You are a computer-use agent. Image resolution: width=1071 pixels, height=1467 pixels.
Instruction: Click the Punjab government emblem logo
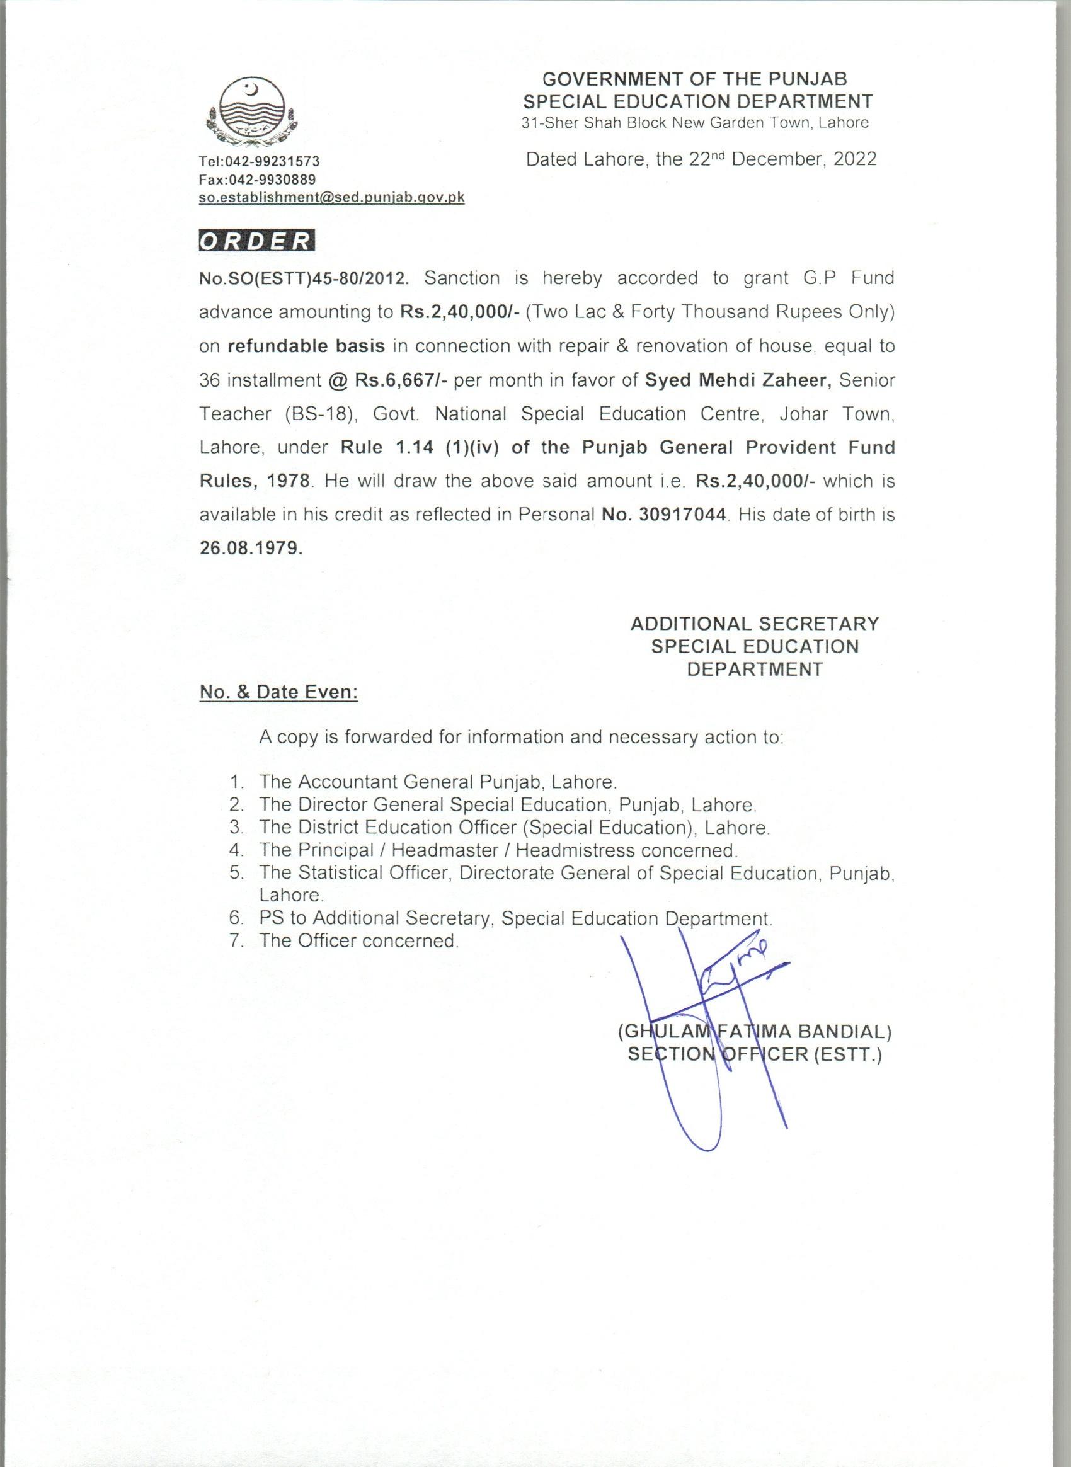(250, 114)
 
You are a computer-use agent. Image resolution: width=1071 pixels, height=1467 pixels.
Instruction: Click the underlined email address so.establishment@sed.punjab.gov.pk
(331, 198)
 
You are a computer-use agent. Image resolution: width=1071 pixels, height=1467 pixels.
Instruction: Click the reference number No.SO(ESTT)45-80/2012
(304, 279)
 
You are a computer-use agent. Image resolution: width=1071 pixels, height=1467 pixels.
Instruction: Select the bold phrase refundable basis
(307, 346)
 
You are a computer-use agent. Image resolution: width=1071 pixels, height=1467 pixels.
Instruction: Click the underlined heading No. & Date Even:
(278, 692)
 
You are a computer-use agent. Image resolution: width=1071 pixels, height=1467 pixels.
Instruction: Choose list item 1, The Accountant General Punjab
(437, 782)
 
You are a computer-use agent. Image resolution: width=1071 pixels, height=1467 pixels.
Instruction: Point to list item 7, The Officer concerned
(358, 940)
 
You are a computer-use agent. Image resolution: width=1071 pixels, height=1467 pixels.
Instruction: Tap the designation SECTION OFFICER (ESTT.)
(755, 1054)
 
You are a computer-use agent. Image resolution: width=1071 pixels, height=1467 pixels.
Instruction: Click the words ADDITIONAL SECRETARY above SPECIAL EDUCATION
(755, 624)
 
